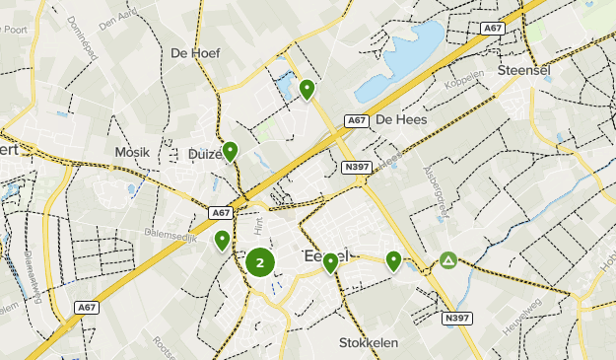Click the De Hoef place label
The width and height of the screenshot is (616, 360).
[195, 53]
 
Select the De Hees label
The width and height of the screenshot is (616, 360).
[400, 119]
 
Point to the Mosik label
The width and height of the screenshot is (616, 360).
[132, 153]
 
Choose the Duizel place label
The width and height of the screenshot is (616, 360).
[205, 154]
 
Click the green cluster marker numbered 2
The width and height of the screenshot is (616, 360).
[260, 262]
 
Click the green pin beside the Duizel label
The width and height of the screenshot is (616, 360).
[230, 151]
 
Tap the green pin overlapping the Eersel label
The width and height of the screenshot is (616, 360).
[330, 261]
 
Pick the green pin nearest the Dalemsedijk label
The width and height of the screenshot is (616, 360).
[223, 240]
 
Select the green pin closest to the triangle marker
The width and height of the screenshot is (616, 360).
[393, 260]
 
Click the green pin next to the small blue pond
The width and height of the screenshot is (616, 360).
[307, 90]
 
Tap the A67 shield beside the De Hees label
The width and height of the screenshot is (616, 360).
[357, 120]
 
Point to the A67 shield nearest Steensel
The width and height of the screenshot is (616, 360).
[493, 30]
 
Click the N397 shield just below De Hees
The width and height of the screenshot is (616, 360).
[357, 168]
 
